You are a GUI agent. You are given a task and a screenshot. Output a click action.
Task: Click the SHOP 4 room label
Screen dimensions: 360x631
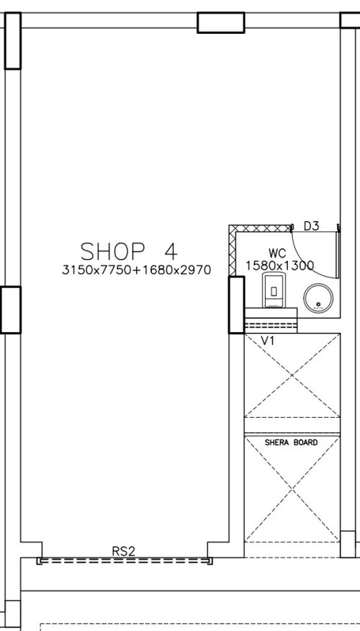[129, 251]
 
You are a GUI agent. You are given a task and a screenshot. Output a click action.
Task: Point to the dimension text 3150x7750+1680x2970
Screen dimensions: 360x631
[136, 269]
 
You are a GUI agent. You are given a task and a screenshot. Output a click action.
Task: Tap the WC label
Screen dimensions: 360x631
[277, 254]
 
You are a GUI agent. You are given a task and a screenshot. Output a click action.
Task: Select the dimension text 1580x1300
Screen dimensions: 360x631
[279, 266]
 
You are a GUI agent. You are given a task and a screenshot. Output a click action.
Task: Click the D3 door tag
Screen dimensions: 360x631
[311, 226]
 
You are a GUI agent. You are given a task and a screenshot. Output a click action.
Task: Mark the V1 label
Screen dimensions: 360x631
[268, 341]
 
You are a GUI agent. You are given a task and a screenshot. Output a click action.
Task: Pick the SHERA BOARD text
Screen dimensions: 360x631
[291, 442]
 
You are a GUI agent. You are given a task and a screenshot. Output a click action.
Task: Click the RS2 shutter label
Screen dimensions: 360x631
[124, 551]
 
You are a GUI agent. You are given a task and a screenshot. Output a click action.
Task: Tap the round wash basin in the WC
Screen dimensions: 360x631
[318, 297]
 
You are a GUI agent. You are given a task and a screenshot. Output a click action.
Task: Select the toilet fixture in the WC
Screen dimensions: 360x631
[274, 290]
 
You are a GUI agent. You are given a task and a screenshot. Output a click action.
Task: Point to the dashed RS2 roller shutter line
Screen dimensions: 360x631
[125, 560]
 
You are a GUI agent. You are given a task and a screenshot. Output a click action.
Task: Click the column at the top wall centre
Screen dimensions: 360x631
[221, 22]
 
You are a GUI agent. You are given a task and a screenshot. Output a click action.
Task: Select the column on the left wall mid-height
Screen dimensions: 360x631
[11, 310]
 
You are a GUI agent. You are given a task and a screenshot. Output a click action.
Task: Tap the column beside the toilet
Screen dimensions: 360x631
[236, 305]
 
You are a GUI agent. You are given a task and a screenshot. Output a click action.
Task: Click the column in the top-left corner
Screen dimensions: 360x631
[13, 40]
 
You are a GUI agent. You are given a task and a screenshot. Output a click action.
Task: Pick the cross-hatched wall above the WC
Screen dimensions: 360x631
[260, 228]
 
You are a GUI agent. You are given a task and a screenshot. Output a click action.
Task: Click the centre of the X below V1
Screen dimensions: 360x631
[292, 375]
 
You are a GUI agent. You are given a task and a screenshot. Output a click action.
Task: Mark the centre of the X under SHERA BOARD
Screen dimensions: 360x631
[292, 489]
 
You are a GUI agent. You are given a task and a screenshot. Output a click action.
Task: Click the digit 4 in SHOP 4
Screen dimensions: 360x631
[171, 251]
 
